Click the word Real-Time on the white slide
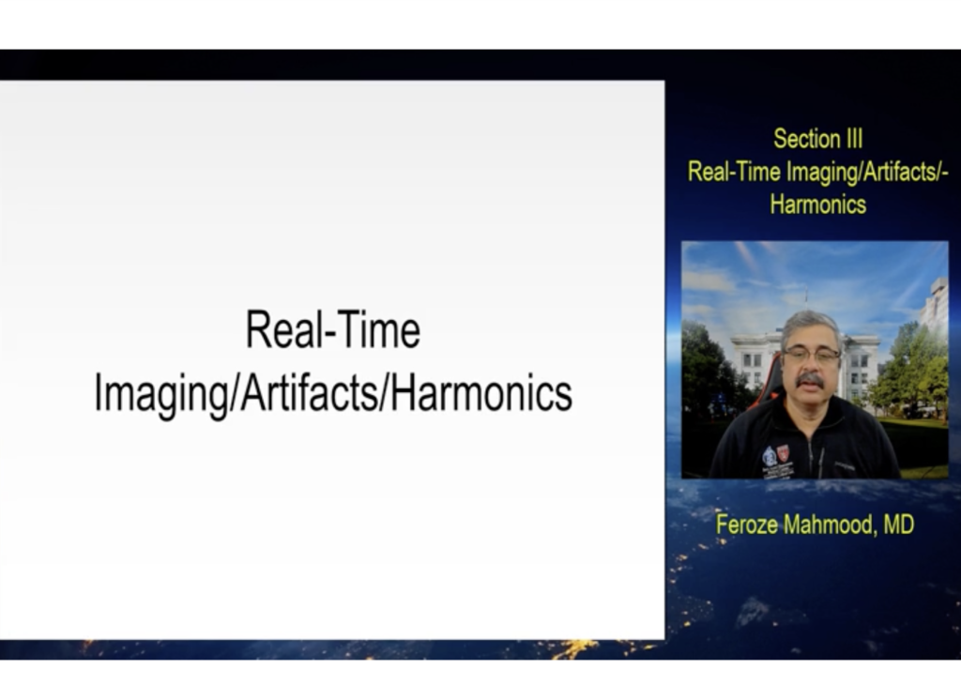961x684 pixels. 333,329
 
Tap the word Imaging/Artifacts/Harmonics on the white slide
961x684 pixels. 333,394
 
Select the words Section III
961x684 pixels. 818,139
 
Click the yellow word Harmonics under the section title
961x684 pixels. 818,205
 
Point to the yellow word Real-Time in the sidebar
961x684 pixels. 734,172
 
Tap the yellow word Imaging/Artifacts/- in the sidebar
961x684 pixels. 867,173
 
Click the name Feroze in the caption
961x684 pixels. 747,524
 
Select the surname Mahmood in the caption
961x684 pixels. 831,524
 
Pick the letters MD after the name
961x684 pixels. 898,524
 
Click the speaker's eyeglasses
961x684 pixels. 812,355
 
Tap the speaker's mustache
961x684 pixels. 810,380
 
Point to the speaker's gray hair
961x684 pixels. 810,325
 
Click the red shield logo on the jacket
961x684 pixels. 784,453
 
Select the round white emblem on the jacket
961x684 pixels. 770,457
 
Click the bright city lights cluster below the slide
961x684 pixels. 575,648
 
